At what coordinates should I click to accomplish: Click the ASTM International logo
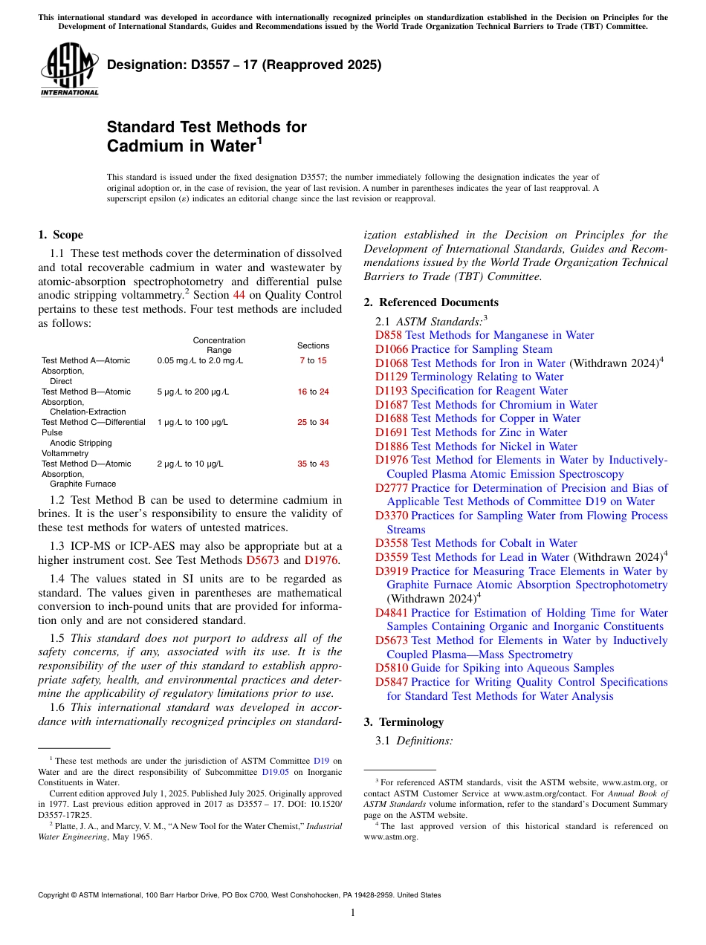(68, 70)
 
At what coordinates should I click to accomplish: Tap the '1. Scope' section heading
(60, 235)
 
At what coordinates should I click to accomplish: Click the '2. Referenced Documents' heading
(431, 302)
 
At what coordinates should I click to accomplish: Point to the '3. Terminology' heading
(404, 722)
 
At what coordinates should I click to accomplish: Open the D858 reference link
(389, 335)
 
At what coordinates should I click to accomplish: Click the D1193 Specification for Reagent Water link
(471, 391)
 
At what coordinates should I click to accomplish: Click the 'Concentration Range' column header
(218, 345)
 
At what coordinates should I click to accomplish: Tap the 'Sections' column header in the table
(313, 345)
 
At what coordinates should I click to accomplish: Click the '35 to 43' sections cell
(313, 464)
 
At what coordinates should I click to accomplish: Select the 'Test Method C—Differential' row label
(93, 422)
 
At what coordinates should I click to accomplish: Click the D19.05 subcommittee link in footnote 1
(275, 771)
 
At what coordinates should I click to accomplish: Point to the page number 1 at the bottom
(353, 912)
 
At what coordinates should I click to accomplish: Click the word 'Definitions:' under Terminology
(424, 741)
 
